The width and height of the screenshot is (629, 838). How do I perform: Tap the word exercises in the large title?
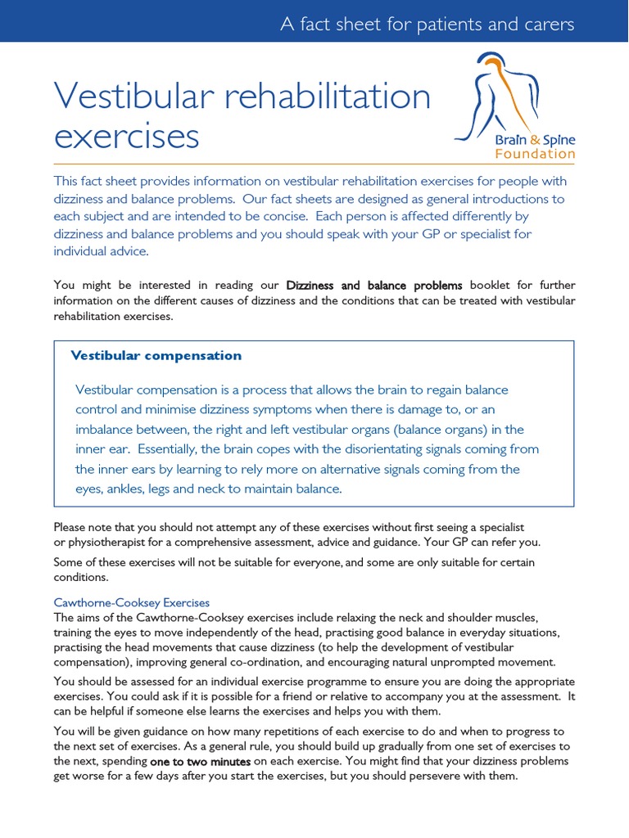(x=127, y=137)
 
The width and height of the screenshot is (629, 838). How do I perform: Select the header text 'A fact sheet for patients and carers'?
(x=427, y=24)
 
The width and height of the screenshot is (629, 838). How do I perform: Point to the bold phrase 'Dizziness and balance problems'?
(x=374, y=286)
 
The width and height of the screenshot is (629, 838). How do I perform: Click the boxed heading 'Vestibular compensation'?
(x=156, y=355)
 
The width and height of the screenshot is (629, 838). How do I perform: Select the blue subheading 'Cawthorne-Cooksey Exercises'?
(x=132, y=602)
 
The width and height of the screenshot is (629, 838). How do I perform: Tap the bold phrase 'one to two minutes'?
(x=200, y=761)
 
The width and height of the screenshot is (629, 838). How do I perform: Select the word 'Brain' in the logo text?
(x=512, y=140)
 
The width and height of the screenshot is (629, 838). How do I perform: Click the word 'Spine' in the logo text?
(x=559, y=140)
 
